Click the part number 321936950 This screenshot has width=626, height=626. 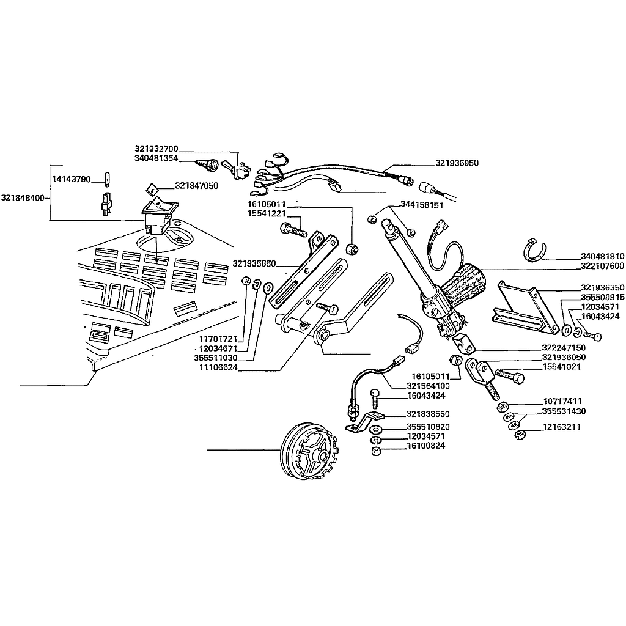pyautogui.click(x=457, y=163)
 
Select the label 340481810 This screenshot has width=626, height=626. pyautogui.click(x=602, y=257)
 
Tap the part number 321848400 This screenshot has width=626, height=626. pyautogui.click(x=23, y=198)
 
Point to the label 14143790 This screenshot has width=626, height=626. pyautogui.click(x=71, y=179)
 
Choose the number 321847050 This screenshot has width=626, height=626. pyautogui.click(x=197, y=185)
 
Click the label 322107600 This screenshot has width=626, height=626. pyautogui.click(x=602, y=267)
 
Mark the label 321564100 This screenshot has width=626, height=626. pyautogui.click(x=428, y=386)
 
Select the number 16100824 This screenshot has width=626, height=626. pyautogui.click(x=425, y=446)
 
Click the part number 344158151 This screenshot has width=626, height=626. pyautogui.click(x=422, y=205)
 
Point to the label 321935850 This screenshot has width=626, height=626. pyautogui.click(x=254, y=264)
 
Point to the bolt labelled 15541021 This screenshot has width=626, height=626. pyautogui.click(x=509, y=375)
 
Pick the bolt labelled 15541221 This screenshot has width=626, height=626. pyautogui.click(x=293, y=230)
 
